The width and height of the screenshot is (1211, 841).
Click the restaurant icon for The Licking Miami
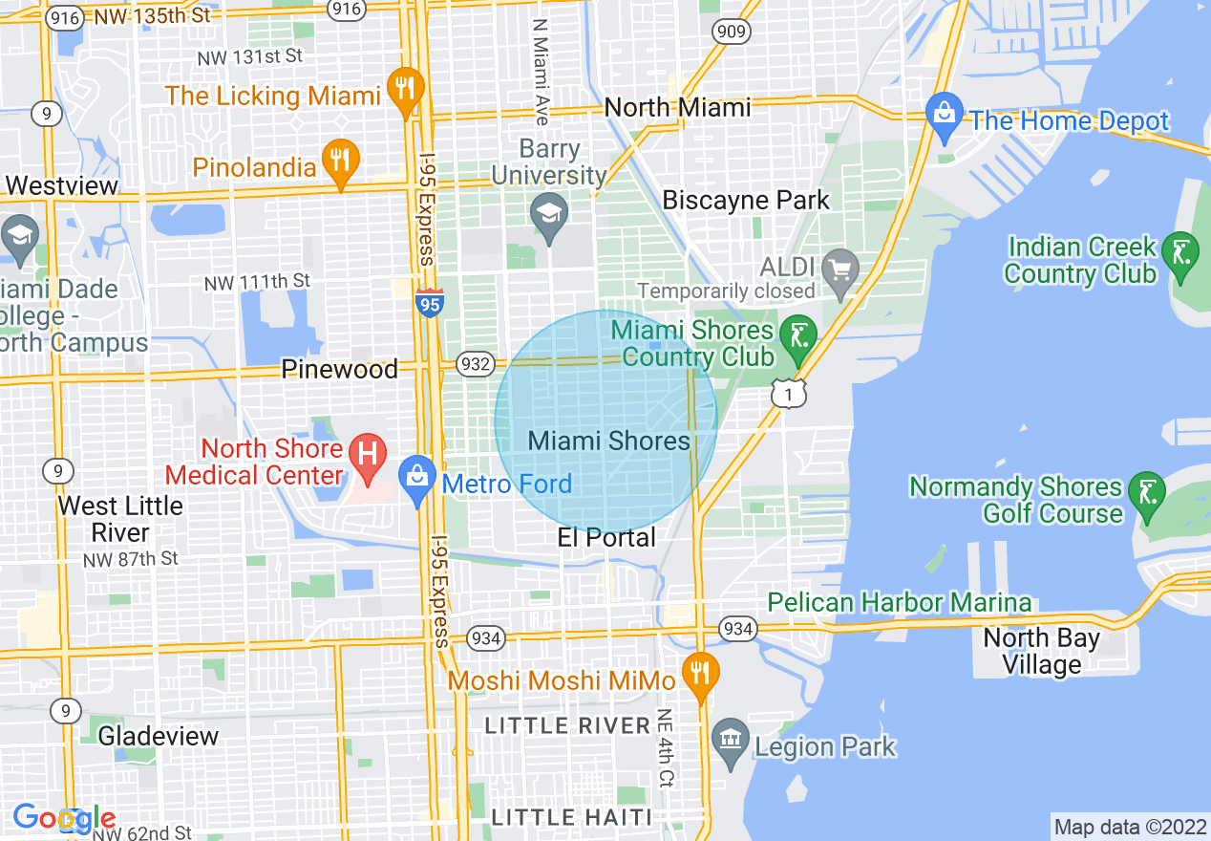[407, 90]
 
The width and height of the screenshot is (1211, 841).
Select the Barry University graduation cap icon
[549, 214]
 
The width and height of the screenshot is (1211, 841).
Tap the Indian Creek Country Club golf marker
[1182, 254]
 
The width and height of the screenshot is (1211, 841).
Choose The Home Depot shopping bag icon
[945, 114]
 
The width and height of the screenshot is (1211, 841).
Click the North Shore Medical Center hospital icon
[367, 452]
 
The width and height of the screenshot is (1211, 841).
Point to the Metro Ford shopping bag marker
[417, 477]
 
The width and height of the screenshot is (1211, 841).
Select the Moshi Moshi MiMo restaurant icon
[701, 671]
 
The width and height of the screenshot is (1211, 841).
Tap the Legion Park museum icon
[731, 739]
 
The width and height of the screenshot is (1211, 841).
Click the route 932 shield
[475, 363]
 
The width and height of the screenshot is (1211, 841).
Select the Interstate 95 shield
[429, 302]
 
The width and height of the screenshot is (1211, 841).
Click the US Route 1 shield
[790, 392]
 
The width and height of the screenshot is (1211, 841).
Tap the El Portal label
[606, 538]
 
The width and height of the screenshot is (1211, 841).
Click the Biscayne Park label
[746, 201]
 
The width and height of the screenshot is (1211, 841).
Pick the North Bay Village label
[1041, 651]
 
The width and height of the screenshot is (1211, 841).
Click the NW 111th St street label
[257, 282]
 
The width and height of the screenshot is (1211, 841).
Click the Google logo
[64, 818]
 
